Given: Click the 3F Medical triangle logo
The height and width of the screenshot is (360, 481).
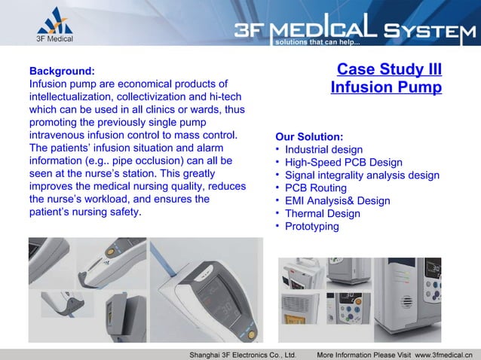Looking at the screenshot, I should tap(55, 20).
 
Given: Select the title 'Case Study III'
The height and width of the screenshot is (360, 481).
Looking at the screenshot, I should tap(389, 70).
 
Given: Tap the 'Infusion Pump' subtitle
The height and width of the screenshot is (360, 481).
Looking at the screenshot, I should tap(386, 88).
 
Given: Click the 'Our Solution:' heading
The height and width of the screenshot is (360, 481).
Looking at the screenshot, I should tap(309, 137).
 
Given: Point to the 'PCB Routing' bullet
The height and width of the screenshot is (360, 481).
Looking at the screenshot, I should tap(316, 188).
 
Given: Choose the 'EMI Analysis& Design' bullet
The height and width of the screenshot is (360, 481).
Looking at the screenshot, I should tap(337, 200).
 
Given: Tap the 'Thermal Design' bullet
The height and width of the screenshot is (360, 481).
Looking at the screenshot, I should tap(322, 213).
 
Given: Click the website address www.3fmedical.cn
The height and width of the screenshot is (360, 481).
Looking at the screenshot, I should tap(444, 353).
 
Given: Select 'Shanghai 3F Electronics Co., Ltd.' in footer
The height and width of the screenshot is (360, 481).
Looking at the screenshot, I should tap(242, 353).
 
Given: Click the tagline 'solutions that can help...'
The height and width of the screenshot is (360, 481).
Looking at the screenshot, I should tap(311, 42).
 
